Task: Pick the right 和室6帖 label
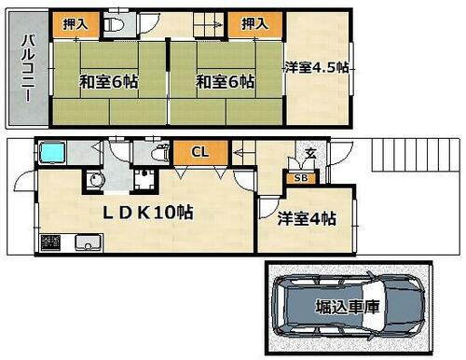(225, 82)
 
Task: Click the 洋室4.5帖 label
(316, 67)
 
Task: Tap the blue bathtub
(53, 152)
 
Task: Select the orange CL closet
(199, 152)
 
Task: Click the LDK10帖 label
(147, 213)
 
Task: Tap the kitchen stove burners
(49, 245)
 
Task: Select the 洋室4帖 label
(307, 220)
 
